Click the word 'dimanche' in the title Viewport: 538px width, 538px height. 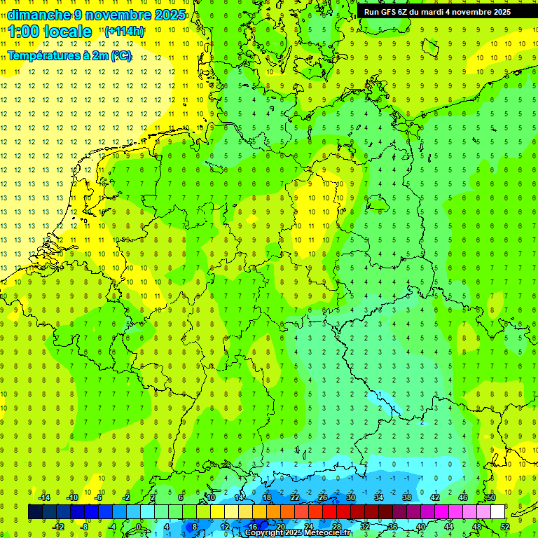click(38, 15)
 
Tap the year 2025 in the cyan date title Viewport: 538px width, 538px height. click(169, 15)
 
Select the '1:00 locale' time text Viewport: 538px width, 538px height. click(50, 32)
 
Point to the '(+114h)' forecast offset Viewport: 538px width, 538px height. click(124, 32)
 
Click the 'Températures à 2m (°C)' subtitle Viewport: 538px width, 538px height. click(69, 55)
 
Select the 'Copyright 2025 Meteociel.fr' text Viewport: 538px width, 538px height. click(298, 533)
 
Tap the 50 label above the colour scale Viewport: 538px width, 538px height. click(491, 497)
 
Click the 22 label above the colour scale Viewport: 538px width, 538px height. click(295, 497)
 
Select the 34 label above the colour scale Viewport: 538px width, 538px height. click(379, 497)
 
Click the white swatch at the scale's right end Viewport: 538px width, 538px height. click(497, 512)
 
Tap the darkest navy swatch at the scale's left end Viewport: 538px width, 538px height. click(36, 512)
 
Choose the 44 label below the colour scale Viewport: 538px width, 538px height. click(449, 527)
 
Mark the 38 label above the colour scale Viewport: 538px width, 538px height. click(407, 497)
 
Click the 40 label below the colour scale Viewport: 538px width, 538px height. click(421, 527)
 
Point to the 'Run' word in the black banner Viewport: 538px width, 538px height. click(372, 12)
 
